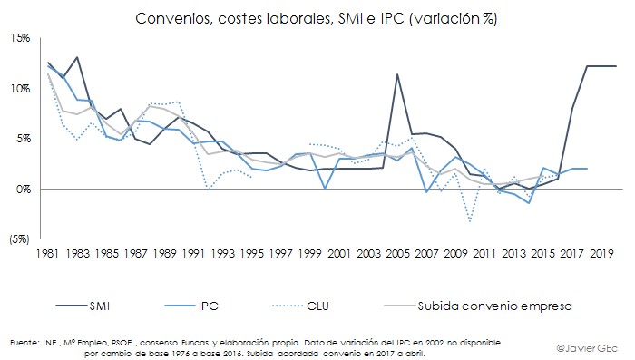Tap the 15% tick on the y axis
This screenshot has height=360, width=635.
[20, 38]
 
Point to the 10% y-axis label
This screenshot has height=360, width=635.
[20, 88]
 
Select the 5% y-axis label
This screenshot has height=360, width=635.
[23, 139]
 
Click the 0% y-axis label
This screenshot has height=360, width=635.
[23, 189]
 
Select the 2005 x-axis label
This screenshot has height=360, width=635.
[393, 255]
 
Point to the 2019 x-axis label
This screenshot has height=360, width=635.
[593, 255]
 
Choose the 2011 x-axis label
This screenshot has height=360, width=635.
[479, 255]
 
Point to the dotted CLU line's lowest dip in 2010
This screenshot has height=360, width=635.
[469, 221]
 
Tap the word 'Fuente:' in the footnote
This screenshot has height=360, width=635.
[24, 342]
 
